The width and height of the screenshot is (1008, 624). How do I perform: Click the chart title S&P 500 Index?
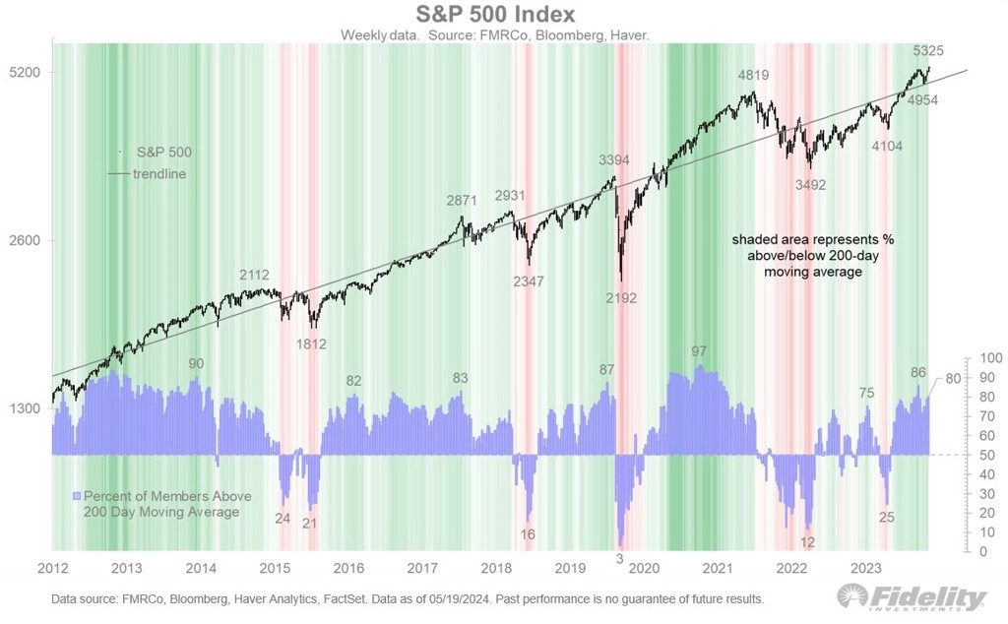[504, 14]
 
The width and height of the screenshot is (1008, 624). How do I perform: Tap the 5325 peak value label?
[932, 50]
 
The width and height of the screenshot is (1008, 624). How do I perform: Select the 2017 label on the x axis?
[421, 568]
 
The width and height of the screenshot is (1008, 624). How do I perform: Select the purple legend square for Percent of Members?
[77, 496]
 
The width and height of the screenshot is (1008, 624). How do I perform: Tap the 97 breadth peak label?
[699, 351]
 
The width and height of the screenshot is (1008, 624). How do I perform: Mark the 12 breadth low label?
[808, 542]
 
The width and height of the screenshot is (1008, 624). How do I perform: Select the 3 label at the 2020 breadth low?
[619, 558]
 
